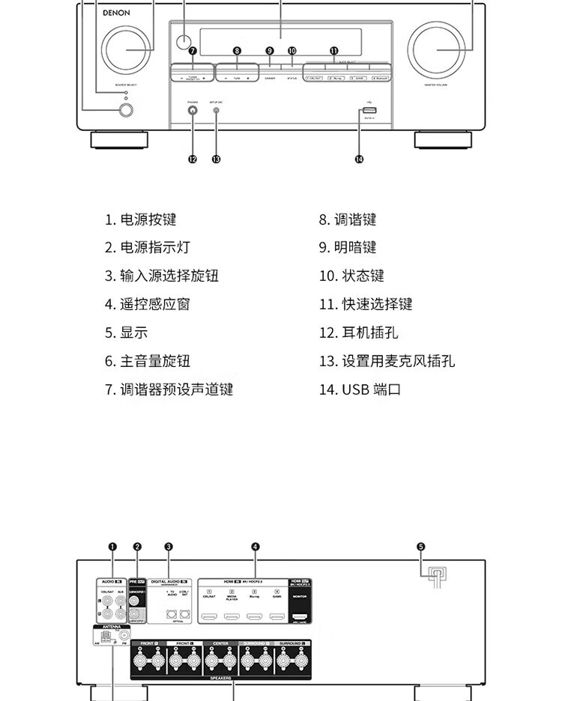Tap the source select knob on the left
click(127, 50)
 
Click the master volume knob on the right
click(435, 50)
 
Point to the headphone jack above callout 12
click(193, 111)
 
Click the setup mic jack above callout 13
click(217, 111)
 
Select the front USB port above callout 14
click(369, 112)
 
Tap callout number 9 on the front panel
click(270, 51)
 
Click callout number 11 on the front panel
click(334, 51)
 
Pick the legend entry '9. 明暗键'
click(348, 248)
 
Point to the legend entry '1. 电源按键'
click(140, 219)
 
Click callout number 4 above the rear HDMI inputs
click(256, 547)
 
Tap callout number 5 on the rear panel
click(420, 547)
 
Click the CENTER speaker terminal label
click(220, 643)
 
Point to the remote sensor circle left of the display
click(184, 40)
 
